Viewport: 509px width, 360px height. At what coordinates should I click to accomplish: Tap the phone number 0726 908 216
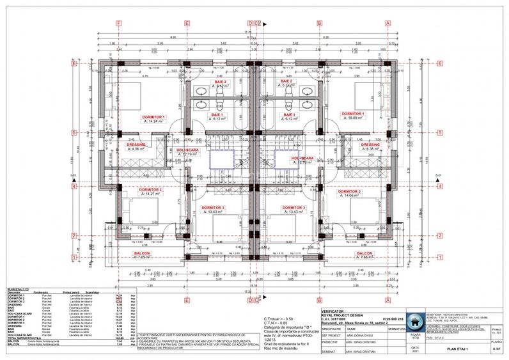coord(391,318)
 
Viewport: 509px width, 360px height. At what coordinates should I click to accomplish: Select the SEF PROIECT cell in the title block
coord(332,334)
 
